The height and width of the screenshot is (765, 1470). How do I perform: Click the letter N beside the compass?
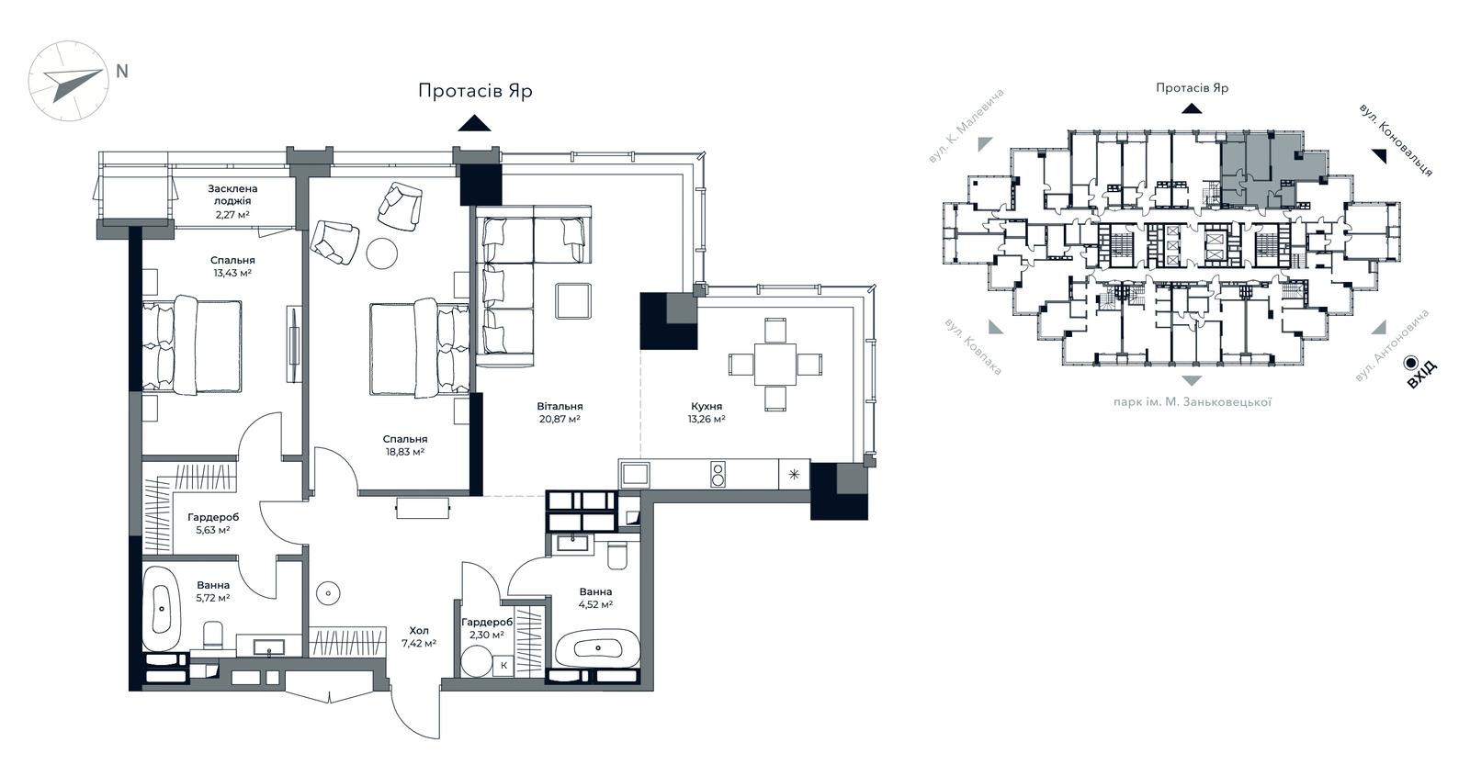122,72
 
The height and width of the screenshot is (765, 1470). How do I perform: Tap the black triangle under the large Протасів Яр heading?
474,123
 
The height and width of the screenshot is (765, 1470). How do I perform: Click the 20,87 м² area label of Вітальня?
560,419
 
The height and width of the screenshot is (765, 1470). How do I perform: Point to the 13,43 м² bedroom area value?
232,273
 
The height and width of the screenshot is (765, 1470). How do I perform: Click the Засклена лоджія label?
233,195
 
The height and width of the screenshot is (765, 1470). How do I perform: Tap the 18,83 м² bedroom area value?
405,452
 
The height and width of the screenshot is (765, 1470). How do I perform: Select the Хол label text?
419,631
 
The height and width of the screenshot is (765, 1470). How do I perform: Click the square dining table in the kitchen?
775,364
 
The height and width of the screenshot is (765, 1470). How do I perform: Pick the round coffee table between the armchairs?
382,253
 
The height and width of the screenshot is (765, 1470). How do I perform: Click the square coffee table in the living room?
573,300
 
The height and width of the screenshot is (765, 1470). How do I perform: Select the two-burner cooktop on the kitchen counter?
718,475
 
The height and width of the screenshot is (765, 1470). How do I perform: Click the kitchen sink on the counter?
635,474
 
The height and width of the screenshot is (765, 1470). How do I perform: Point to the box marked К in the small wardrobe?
503,665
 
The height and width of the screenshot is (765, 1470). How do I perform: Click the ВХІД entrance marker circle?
1409,363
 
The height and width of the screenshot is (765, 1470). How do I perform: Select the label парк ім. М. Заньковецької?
1193,402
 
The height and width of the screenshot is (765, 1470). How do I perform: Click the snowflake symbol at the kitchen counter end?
794,475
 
